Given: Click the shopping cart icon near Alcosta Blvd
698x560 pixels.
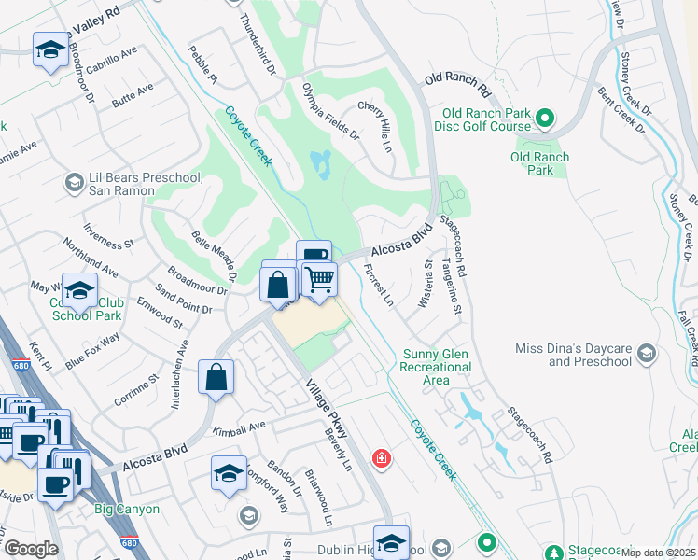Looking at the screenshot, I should (x=319, y=279).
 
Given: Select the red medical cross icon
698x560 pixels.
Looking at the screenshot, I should (x=381, y=458).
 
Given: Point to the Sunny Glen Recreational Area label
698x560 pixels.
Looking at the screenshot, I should (x=437, y=367).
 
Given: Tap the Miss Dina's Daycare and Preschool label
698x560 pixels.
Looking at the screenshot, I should (x=574, y=355).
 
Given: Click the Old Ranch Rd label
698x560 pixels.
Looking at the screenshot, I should (x=457, y=85).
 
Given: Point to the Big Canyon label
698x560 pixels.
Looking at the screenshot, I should (x=127, y=510).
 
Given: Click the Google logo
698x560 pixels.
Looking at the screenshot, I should (x=30, y=550).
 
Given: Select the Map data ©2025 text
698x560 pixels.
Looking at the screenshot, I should (x=658, y=553).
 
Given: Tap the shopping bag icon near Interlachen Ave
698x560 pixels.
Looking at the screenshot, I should (x=216, y=378).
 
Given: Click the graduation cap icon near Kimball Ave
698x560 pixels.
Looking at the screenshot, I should (x=229, y=474).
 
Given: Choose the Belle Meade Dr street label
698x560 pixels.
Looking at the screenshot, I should (x=214, y=257).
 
